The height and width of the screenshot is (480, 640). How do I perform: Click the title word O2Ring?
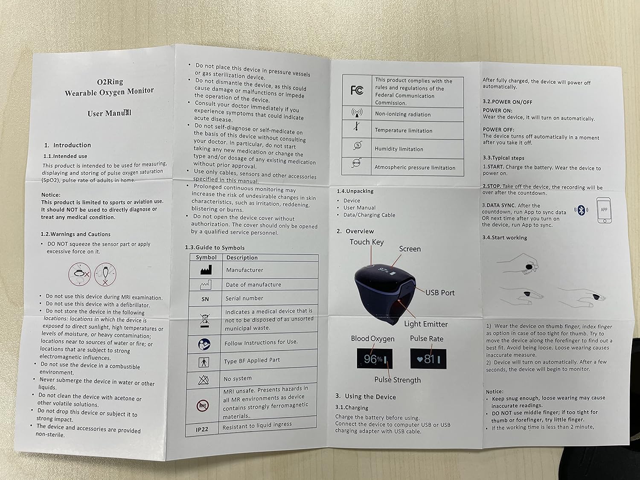tap(110, 81)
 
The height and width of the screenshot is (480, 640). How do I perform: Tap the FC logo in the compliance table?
tap(357, 90)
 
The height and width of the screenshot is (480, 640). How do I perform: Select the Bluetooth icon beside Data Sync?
tap(581, 210)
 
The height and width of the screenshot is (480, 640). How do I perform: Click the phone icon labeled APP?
tap(604, 210)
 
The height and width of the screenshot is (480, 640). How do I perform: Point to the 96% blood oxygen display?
tap(374, 359)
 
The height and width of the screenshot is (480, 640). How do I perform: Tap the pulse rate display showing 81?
tap(428, 359)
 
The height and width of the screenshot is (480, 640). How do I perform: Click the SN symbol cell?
tap(205, 299)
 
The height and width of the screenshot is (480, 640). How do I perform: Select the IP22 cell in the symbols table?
tap(202, 429)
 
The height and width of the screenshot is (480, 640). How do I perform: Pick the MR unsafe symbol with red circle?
tap(202, 405)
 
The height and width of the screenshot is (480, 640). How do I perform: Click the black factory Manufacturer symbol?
tap(206, 270)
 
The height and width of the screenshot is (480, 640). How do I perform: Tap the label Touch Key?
tap(367, 242)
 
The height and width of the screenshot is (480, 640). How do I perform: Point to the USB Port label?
tap(440, 293)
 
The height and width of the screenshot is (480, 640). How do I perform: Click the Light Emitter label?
tap(426, 324)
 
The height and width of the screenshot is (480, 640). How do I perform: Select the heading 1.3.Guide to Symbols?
tap(215, 247)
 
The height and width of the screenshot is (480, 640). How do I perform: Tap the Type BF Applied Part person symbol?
tap(204, 362)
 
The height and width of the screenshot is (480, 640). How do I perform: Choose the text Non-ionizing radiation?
tap(403, 114)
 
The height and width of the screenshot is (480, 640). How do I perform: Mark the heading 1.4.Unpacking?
tap(355, 191)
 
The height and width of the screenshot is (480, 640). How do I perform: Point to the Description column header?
tap(242, 258)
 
